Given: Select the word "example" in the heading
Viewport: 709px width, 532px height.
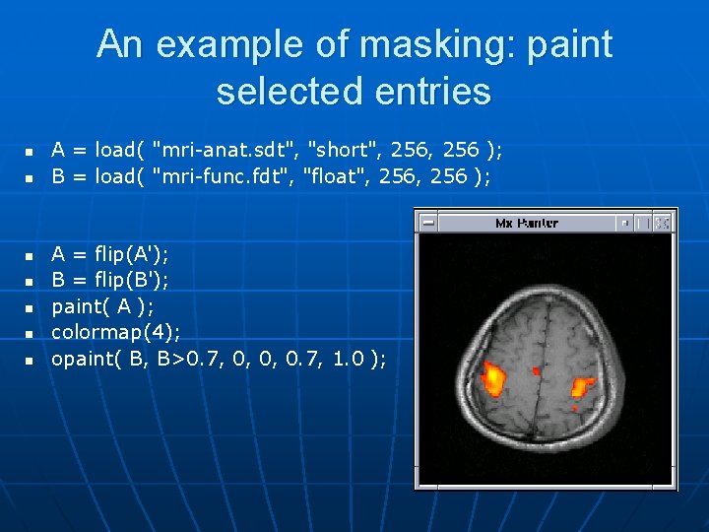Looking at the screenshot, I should click(222, 45).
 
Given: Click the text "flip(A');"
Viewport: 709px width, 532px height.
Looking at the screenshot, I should click(132, 254).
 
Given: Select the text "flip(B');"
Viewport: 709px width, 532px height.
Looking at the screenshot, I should click(132, 280).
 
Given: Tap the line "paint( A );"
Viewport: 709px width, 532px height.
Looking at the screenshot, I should click(102, 305).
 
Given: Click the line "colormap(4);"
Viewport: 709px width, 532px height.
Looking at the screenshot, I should click(115, 331).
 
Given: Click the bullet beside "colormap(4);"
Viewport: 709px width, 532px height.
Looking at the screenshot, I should click(30, 333).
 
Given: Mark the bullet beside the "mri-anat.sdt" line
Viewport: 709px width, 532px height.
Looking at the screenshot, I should click(30, 152).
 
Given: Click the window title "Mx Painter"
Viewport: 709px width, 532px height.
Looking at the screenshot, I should click(526, 224).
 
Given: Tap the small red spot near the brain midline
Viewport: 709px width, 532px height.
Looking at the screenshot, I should click(537, 371).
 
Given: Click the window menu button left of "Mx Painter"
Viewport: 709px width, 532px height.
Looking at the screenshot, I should click(427, 224).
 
